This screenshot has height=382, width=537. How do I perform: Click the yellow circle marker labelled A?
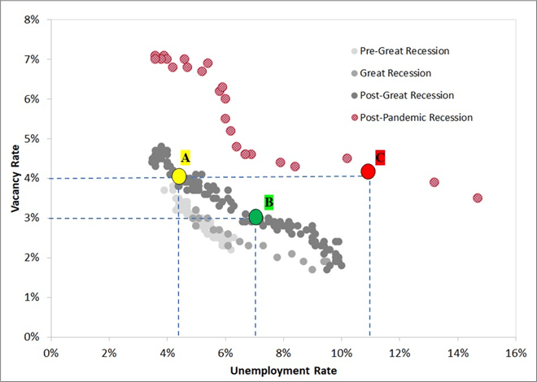coord(179,176)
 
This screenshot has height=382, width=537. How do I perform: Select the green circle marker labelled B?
coord(255,217)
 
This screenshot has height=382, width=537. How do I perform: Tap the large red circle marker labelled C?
coord(368,171)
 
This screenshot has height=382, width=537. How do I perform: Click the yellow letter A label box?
coord(186,157)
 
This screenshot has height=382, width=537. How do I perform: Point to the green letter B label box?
coord(269,201)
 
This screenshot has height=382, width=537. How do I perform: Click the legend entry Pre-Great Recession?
coord(404,50)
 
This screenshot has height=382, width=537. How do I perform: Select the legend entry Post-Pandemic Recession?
coord(416,117)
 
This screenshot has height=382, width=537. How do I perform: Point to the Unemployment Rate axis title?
coord(283,371)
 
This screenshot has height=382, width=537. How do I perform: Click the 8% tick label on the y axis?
coord(31,20)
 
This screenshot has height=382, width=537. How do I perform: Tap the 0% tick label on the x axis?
coord(50,352)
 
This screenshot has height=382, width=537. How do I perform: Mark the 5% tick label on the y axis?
coord(31,139)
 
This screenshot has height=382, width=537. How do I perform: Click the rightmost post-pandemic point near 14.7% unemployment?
coord(478,198)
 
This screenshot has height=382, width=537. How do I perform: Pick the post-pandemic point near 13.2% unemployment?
coord(434,183)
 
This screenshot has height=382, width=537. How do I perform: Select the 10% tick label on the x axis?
coord(341,352)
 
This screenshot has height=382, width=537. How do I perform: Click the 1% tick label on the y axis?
coord(31,297)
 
